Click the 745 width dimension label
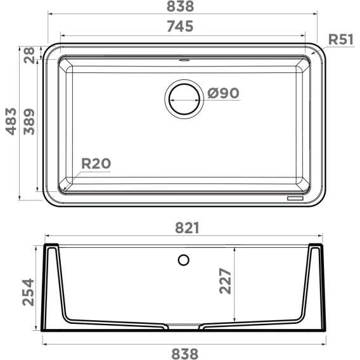click(x=180, y=26)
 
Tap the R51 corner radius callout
click(x=341, y=39)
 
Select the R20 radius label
click(x=96, y=164)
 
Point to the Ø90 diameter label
click(x=223, y=93)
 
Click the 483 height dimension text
click(x=11, y=121)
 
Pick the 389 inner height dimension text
click(x=29, y=122)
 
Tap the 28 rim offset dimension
click(x=29, y=55)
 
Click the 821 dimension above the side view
click(x=187, y=228)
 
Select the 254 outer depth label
click(x=28, y=292)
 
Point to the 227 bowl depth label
click(x=225, y=281)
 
